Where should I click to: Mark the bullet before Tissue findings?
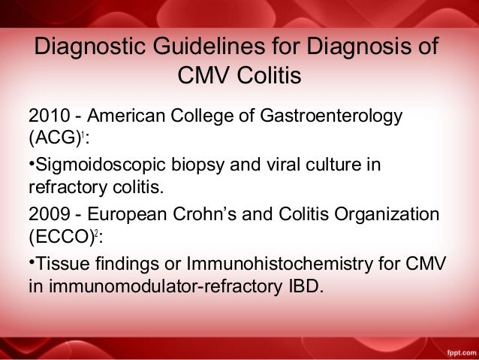click(31, 259)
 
